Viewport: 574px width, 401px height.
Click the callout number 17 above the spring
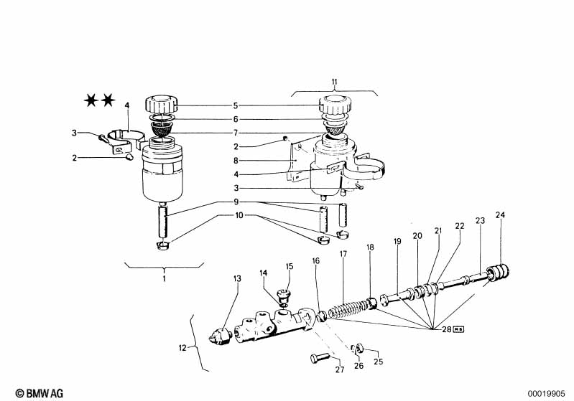[x=343, y=254]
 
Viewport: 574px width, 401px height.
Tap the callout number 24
[x=500, y=215]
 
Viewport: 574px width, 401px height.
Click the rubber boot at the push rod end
[x=498, y=273]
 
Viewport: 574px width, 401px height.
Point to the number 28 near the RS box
[x=447, y=329]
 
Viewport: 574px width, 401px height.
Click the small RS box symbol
[x=458, y=329]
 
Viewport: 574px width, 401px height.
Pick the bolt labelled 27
[x=320, y=358]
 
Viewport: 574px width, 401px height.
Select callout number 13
[x=237, y=279]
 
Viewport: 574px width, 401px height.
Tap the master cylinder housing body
[x=273, y=325]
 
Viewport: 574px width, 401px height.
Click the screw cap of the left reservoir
[x=162, y=104]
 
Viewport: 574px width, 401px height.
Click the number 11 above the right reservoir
[x=335, y=82]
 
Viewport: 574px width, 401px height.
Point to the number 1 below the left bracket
[x=164, y=278]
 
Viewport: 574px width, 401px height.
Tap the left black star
[x=91, y=100]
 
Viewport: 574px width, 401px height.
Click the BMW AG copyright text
[x=40, y=393]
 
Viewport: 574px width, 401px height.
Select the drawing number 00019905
[x=546, y=394]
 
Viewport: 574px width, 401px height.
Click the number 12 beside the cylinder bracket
[x=182, y=348]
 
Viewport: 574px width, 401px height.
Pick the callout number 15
[x=290, y=266]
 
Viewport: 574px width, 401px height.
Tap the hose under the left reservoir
[x=163, y=221]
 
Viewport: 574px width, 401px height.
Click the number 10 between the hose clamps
[x=239, y=215]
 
